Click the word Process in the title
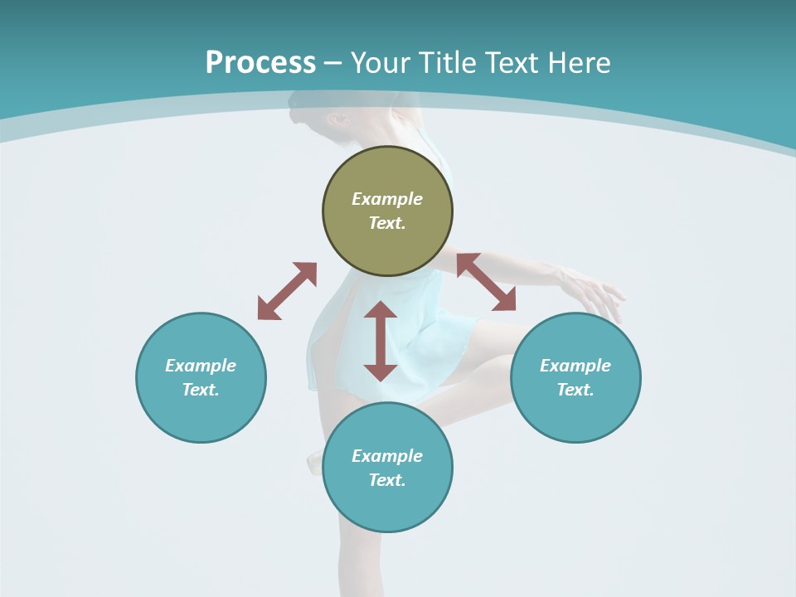click(x=260, y=63)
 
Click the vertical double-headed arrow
click(x=381, y=341)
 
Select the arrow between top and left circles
click(x=287, y=291)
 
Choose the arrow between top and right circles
click(x=486, y=282)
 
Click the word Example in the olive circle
click(x=387, y=199)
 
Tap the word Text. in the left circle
click(x=201, y=390)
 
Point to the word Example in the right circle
click(x=575, y=366)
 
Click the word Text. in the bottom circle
click(x=387, y=480)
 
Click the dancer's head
click(x=319, y=116)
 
